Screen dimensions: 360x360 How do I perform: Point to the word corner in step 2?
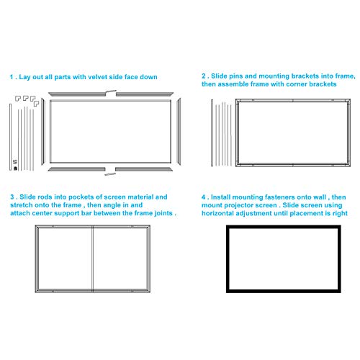[x=295, y=84]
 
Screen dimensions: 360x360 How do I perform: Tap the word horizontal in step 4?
[x=221, y=214]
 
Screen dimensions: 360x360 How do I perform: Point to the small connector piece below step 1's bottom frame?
[x=109, y=174]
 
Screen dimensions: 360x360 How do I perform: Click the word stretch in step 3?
[x=24, y=205]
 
